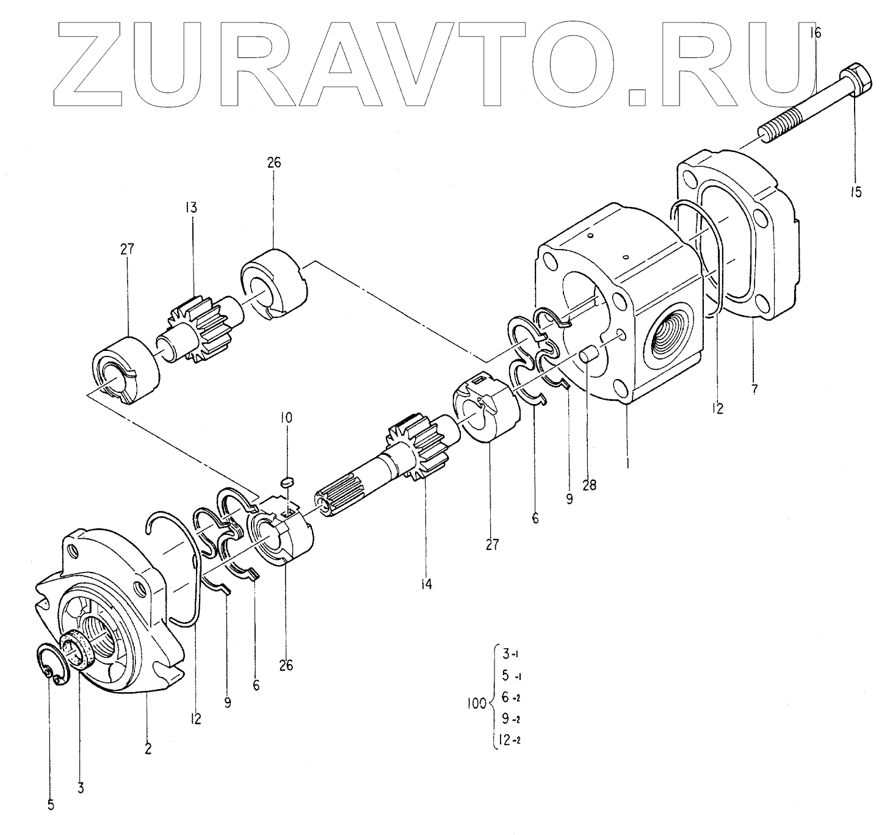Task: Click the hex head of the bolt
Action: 856,78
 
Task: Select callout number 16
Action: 816,32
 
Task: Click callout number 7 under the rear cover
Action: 754,388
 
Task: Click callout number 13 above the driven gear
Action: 191,208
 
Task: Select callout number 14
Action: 425,584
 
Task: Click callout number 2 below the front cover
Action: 147,748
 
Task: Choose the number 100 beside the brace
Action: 475,703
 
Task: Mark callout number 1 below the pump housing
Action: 628,463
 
